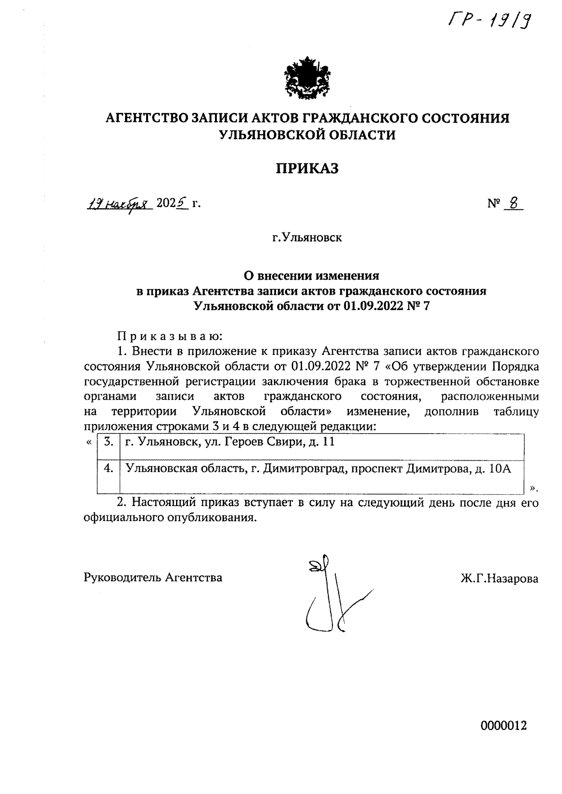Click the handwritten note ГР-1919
tap(490, 20)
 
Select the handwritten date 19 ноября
tap(119, 204)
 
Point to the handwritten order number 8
tap(513, 203)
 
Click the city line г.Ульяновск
tap(307, 238)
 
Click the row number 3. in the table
tap(109, 442)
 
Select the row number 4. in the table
tap(109, 469)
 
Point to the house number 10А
tap(499, 469)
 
